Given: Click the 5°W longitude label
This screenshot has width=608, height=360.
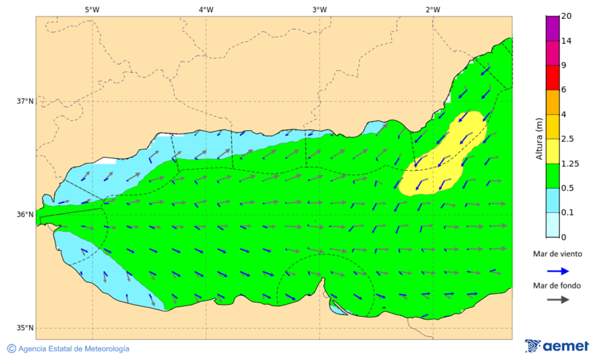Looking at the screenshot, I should tap(93, 9).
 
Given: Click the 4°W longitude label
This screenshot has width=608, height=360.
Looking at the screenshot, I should tap(206, 9).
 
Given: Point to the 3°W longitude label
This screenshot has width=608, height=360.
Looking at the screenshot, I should tap(320, 9).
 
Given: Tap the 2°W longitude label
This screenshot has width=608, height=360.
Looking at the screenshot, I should tap(433, 9).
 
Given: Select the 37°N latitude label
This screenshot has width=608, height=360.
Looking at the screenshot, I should tap(25, 101).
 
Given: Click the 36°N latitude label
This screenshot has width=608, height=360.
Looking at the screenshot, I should tap(25, 215).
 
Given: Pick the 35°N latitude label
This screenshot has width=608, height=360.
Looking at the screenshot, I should tap(25, 328).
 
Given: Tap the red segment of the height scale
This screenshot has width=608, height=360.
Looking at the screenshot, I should tap(553, 78).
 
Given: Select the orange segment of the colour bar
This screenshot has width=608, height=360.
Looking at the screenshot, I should tap(553, 102).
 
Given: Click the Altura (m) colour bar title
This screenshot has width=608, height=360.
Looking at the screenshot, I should tap(539, 138).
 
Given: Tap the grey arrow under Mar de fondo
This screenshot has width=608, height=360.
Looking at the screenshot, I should tap(557, 300).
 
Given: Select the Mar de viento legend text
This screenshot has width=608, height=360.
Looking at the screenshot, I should tap(557, 254).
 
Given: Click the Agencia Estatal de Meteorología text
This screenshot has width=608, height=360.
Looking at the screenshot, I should tap(73, 349).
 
